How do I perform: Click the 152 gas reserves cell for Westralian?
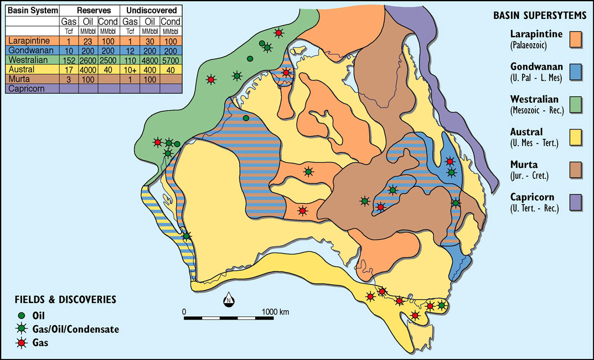pyautogui.click(x=68, y=60)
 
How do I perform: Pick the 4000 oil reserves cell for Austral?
pyautogui.click(x=89, y=69)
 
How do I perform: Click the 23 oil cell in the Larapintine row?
pyautogui.click(x=89, y=41)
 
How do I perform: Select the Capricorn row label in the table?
pyautogui.click(x=25, y=88)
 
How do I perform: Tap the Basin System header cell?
pyautogui.click(x=32, y=11)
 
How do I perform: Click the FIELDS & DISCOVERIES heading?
pyautogui.click(x=65, y=299)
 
